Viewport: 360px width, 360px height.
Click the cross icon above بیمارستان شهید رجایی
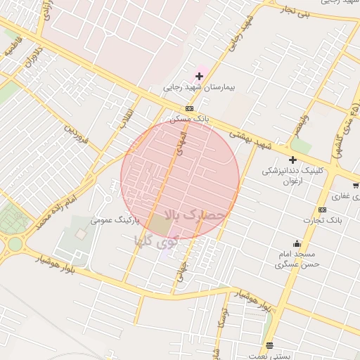click(x=200, y=75)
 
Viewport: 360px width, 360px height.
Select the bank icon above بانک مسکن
click(x=189, y=108)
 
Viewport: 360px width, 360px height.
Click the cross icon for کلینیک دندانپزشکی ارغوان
click(x=292, y=160)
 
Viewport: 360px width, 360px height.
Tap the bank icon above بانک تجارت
click(x=322, y=210)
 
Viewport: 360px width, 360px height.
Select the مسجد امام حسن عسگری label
click(x=297, y=259)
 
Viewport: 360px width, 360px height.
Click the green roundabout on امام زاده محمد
click(x=15, y=244)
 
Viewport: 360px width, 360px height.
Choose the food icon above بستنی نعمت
click(x=269, y=345)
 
